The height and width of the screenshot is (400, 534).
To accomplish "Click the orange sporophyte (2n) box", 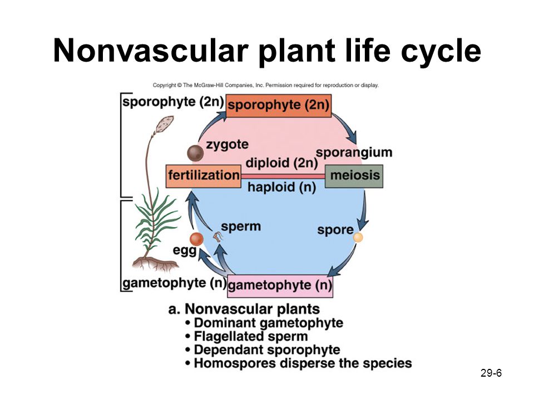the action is point(279,106).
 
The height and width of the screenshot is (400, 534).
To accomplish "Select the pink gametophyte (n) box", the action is point(280,286).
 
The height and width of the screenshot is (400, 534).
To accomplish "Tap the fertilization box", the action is point(204,176).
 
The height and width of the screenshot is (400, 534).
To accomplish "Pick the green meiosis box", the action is point(354,176).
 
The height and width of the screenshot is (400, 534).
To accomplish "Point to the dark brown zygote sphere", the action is point(195,153).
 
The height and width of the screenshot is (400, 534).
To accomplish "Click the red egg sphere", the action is point(196,239).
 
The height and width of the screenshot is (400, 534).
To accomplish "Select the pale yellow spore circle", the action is point(358,237).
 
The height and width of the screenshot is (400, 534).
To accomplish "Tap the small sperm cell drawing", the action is point(217,236).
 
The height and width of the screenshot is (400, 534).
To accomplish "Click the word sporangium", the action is point(354,153).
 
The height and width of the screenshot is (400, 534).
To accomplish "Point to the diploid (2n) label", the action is point(281,163).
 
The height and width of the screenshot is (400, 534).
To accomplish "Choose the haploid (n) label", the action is point(281,187).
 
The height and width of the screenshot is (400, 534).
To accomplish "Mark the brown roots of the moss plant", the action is point(156,264).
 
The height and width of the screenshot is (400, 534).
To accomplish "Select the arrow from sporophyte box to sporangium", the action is point(345,128).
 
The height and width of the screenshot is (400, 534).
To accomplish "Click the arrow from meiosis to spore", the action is point(364,211).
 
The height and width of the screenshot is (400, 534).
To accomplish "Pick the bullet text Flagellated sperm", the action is point(251,337).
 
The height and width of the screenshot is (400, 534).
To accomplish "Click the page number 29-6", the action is point(491,373).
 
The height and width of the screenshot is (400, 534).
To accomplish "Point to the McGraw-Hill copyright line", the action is point(266,85).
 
